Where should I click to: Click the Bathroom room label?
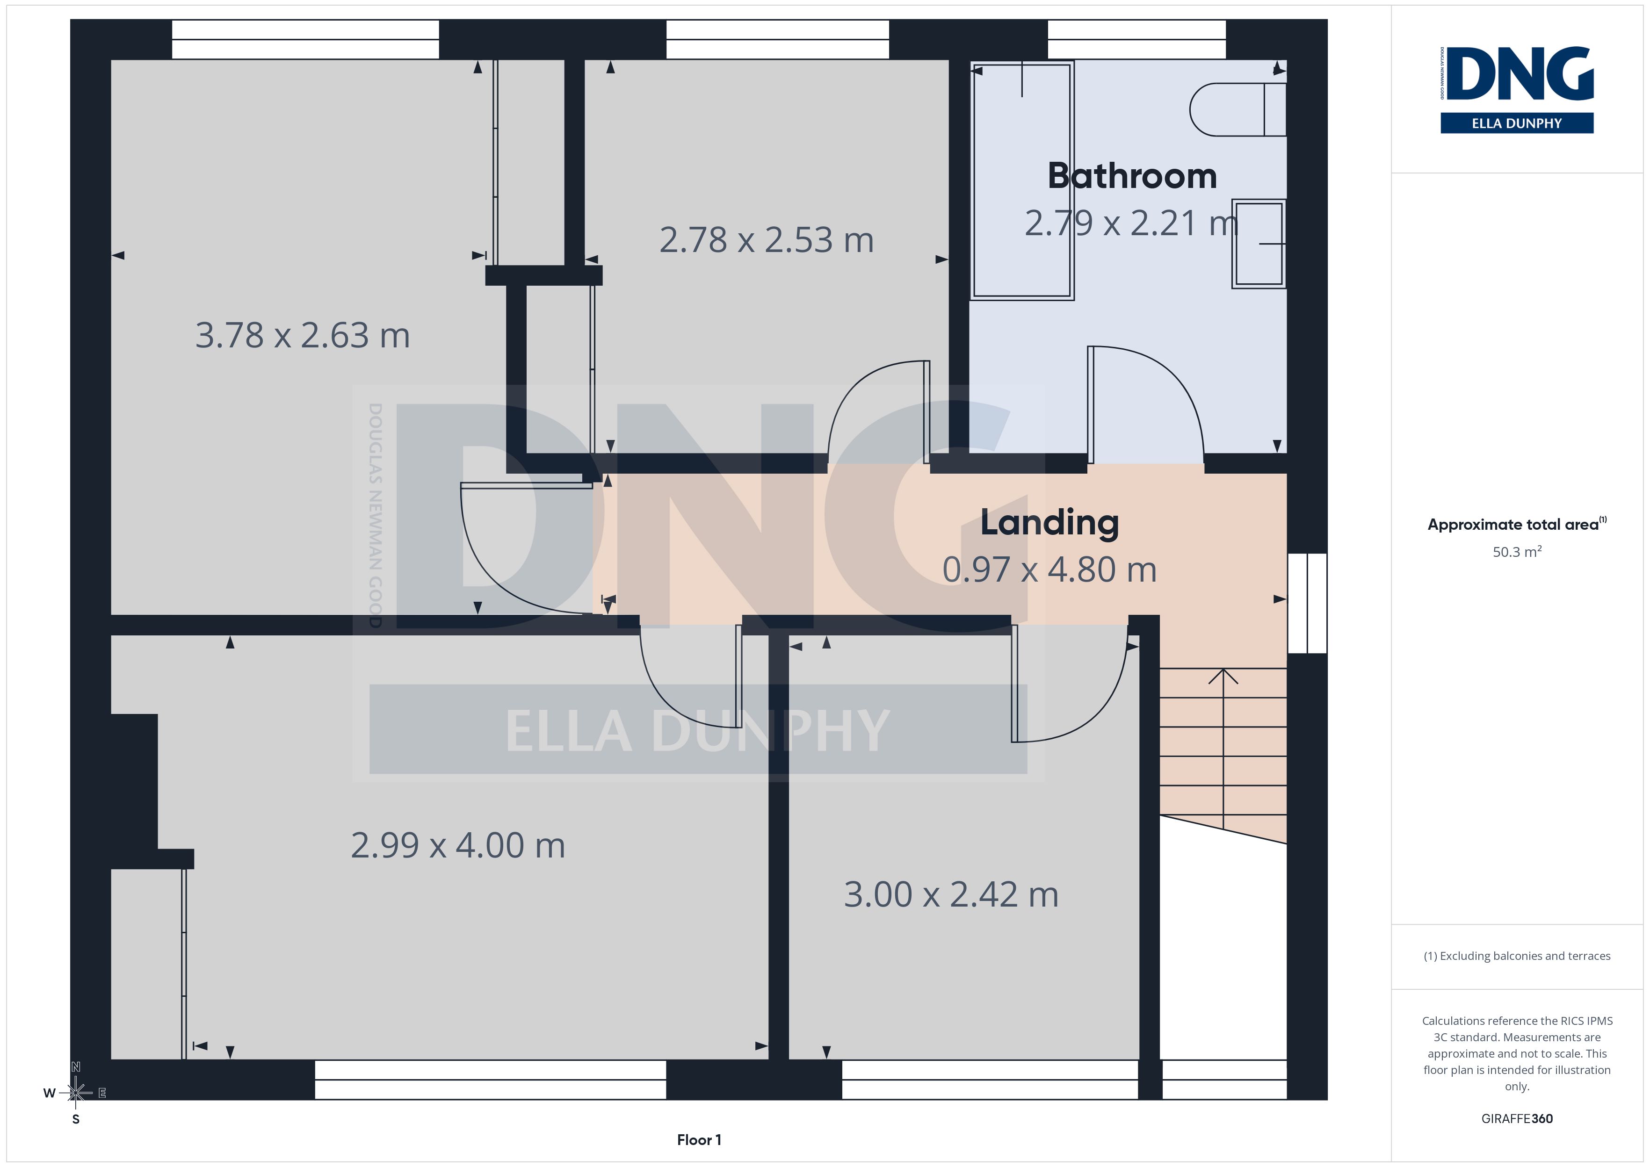[x=1132, y=176]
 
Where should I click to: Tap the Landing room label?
[x=1049, y=523]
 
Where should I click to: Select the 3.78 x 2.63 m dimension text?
[x=303, y=336]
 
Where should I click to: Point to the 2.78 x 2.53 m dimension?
[x=766, y=240]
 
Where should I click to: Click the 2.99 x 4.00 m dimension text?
[x=458, y=845]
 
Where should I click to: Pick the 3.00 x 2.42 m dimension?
[x=951, y=894]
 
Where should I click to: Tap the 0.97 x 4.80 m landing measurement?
[x=1049, y=570]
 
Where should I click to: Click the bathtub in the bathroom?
[x=1022, y=180]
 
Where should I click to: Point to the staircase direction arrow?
[x=1223, y=747]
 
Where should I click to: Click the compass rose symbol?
[x=75, y=1093]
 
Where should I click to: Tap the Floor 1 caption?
[x=699, y=1140]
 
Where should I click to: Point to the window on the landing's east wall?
[x=1307, y=603]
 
